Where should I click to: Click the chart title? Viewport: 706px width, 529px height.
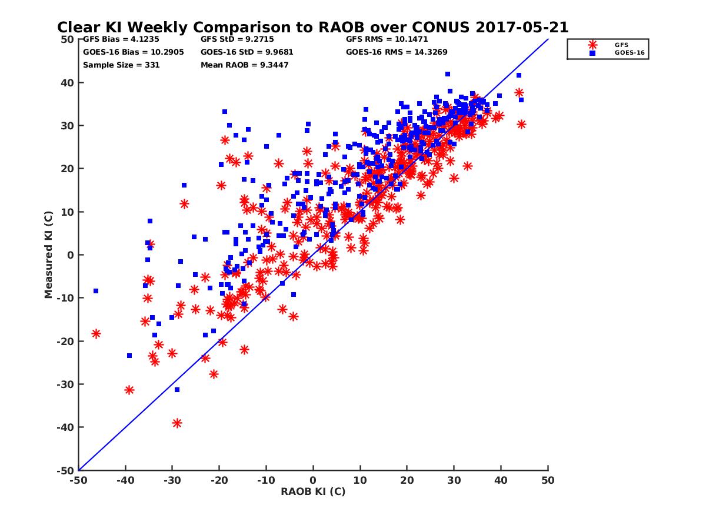tap(312, 27)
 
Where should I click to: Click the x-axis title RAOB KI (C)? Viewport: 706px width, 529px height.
tap(313, 491)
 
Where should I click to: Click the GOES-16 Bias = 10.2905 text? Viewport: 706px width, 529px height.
tap(134, 52)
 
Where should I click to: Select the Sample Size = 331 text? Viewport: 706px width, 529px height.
tap(121, 65)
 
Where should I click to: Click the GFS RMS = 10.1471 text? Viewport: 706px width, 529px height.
tap(387, 39)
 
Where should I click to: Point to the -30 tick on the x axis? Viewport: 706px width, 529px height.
tap(172, 480)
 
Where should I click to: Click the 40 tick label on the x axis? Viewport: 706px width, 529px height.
tap(501, 480)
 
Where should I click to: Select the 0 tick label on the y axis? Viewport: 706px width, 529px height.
tap(70, 255)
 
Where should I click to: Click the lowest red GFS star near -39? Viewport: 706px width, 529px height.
tap(177, 423)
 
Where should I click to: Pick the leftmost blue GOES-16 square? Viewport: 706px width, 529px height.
tap(95, 291)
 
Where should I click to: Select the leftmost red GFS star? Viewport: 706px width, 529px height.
tap(96, 334)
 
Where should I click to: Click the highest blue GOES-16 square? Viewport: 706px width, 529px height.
tap(448, 74)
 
